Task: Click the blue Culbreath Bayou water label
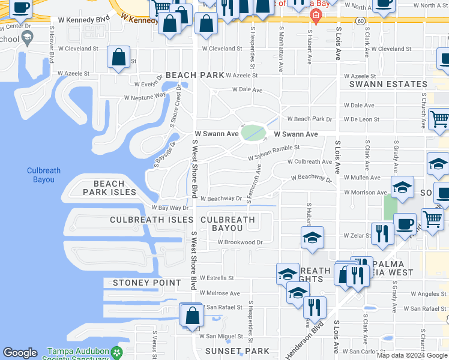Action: point(44,175)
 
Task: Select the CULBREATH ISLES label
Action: point(146,220)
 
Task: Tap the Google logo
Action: point(20,353)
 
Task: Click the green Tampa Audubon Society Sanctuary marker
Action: point(119,352)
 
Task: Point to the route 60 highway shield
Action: point(359,20)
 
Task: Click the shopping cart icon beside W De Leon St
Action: point(440,119)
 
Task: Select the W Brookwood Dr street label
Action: point(241,242)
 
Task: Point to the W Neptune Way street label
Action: point(145,96)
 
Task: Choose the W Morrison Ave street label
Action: point(366,193)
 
